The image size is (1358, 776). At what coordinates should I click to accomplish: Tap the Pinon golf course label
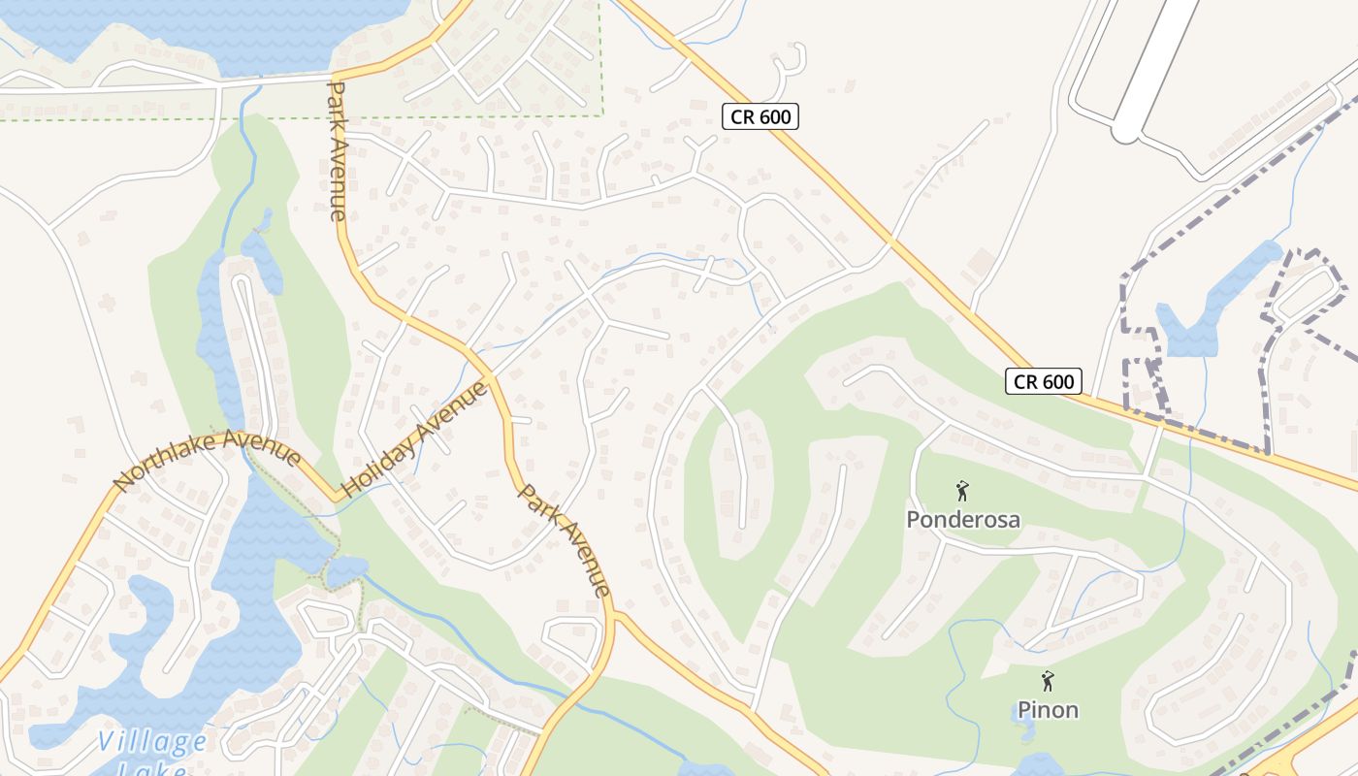point(1048,710)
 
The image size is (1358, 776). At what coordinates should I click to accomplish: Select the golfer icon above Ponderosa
point(962,491)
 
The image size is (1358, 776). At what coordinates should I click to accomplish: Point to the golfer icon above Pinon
point(1047,681)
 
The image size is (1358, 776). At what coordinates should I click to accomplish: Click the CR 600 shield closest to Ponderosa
point(1043,381)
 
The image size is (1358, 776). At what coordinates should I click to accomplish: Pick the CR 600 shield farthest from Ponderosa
point(760,117)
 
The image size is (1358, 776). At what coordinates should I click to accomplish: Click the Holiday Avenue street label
point(414,439)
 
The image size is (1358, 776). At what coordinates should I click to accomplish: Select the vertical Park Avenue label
point(336,150)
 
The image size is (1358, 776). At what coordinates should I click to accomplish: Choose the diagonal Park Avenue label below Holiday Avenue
point(565,539)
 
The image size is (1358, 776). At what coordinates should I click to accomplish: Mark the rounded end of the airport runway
point(1125,130)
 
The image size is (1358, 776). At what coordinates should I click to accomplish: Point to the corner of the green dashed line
point(601,115)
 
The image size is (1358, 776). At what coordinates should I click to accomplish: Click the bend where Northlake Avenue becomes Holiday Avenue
point(339,498)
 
